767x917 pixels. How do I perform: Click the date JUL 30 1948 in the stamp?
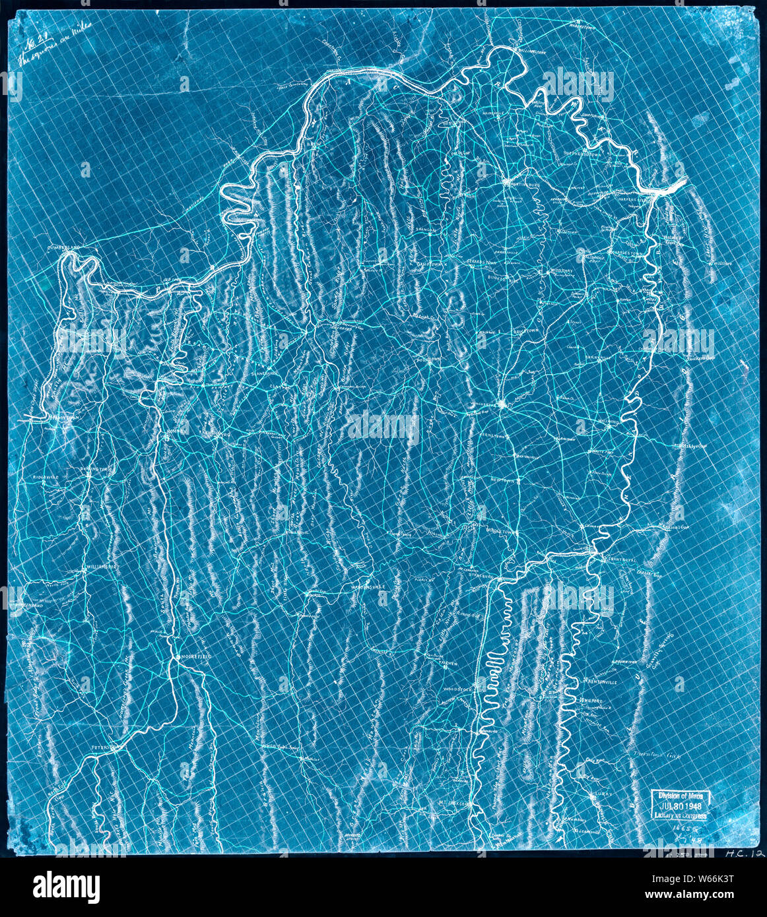pyautogui.click(x=680, y=806)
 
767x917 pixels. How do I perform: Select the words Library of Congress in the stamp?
pyautogui.click(x=680, y=815)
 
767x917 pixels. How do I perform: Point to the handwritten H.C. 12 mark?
pyautogui.click(x=743, y=854)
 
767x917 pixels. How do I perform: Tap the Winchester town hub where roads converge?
pyautogui.click(x=501, y=404)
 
